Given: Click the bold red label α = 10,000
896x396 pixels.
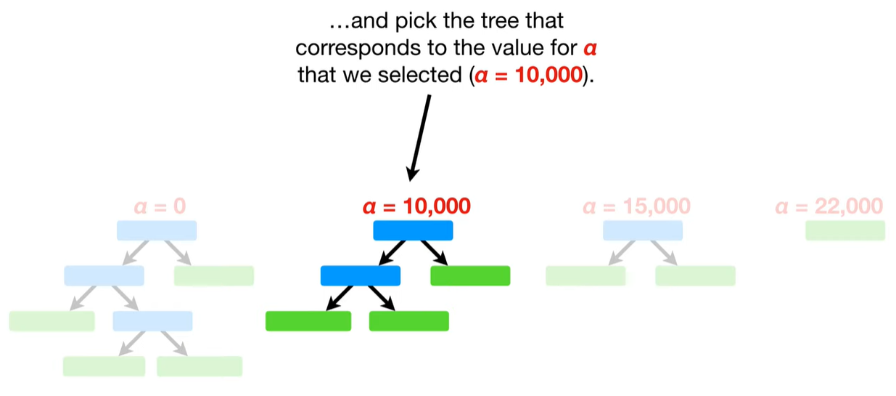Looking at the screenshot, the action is coord(416,206).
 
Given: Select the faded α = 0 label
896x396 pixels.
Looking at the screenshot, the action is coord(160,206).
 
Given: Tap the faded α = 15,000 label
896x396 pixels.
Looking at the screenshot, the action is coord(636,206).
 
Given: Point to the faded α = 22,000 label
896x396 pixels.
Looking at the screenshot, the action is coord(829,206).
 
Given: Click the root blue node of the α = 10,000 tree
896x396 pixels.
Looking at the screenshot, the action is coord(413,230).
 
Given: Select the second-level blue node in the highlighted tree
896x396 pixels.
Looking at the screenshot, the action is coord(360,275).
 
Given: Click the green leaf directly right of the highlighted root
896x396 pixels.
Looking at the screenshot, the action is coord(470,275).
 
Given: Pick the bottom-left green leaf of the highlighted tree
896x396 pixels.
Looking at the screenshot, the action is coord(308,321).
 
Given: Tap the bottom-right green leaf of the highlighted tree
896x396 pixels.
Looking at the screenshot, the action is coord(408,321).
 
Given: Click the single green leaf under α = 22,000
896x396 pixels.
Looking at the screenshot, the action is coord(845,230).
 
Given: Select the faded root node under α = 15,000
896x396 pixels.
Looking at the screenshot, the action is coord(642,230).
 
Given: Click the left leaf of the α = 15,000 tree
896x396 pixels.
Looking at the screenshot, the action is coord(585,275).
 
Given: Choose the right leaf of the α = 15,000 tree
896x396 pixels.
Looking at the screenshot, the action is coord(695,275).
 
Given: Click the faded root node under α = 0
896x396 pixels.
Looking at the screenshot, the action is coord(157,230).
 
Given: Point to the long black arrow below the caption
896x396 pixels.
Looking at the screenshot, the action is coord(419,138).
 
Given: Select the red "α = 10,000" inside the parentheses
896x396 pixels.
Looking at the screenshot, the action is coord(528,75).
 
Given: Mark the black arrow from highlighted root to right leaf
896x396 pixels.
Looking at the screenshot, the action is coord(433,253).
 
